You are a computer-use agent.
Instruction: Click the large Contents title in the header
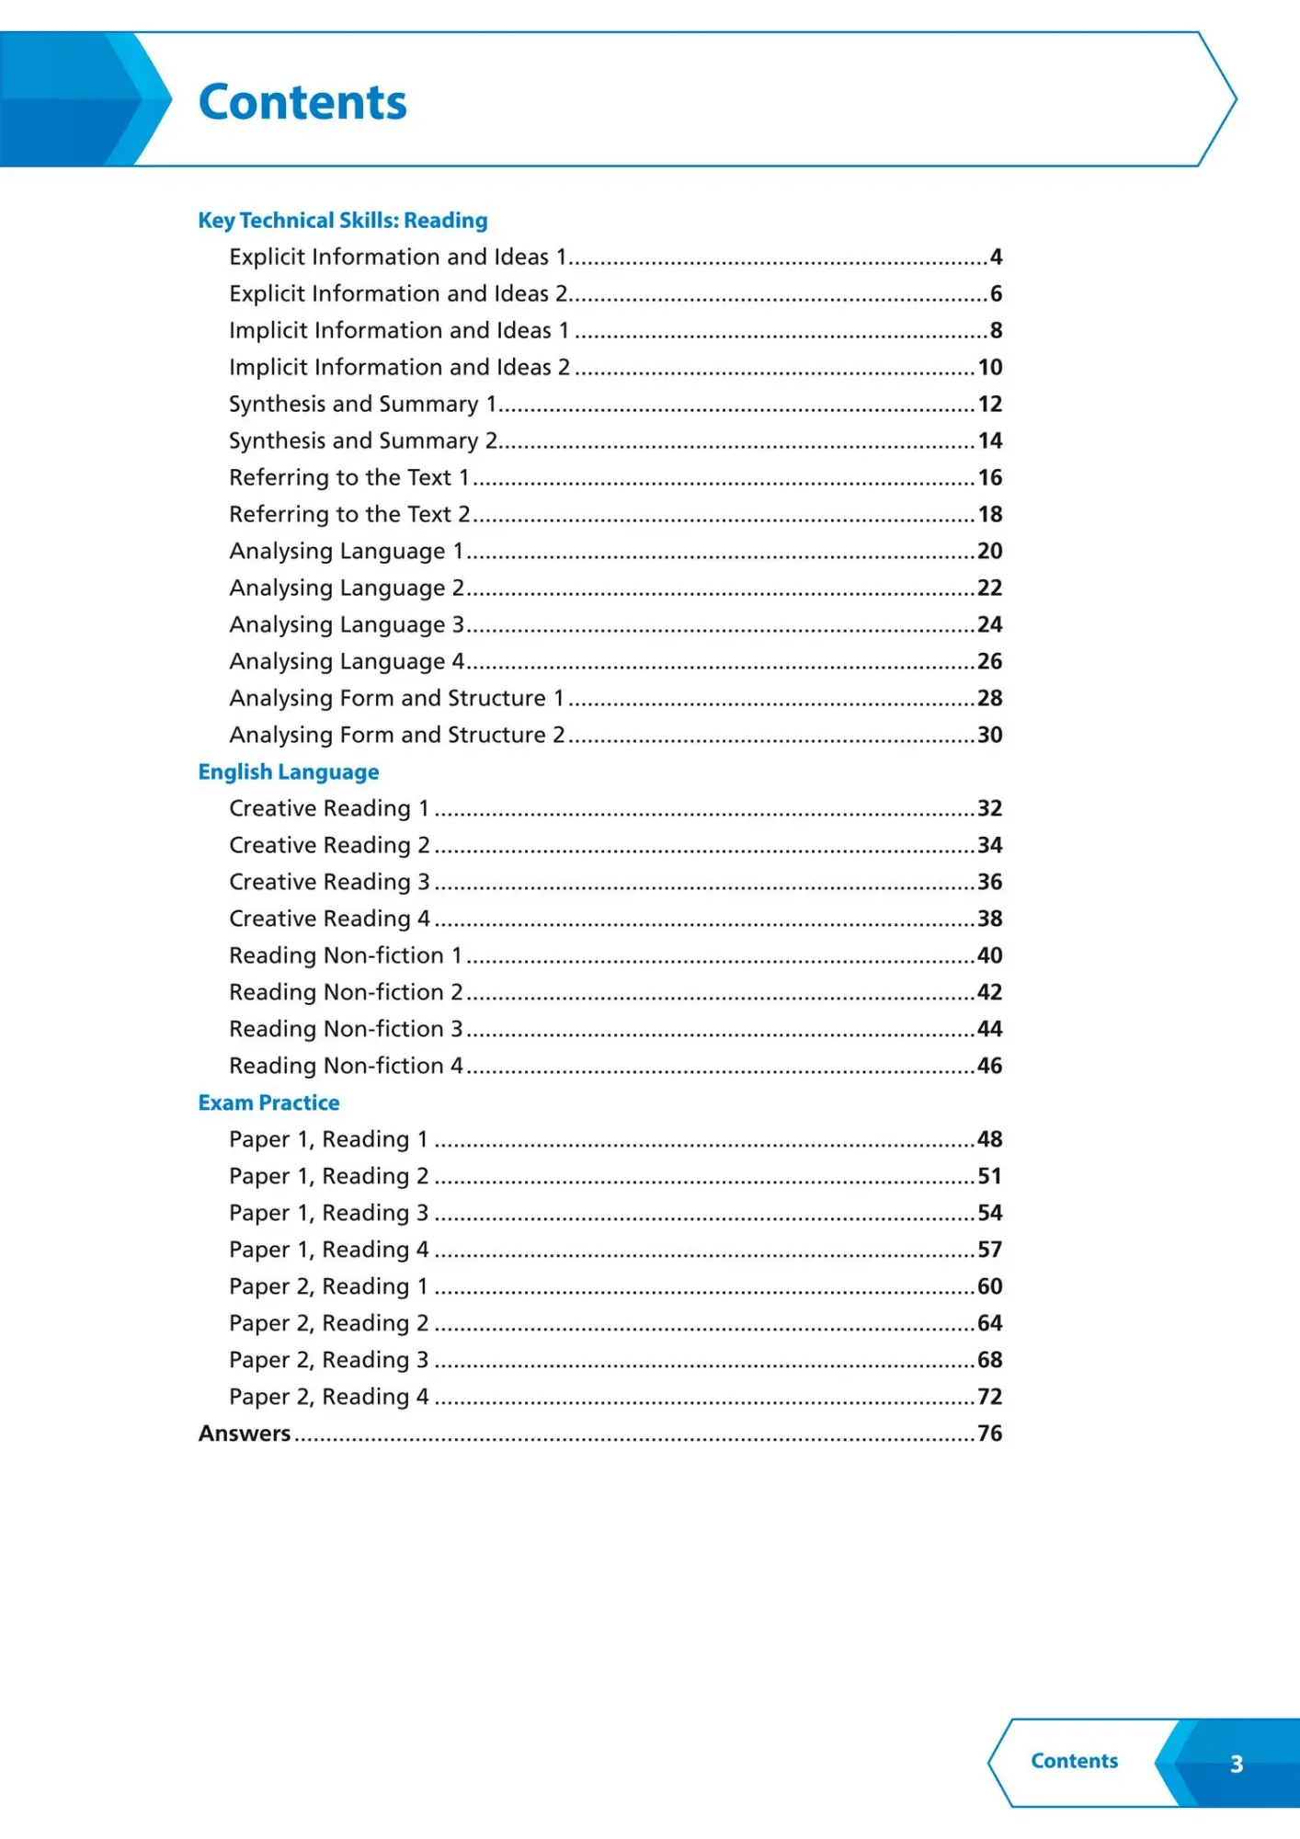(302, 102)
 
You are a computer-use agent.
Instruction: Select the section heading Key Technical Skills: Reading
(343, 221)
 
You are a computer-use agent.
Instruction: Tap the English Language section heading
(289, 772)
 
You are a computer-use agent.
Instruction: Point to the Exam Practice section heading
(268, 1103)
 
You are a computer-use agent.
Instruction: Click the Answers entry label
(245, 1434)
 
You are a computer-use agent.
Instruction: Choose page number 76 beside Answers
(989, 1434)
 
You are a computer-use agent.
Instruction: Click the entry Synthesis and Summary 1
(362, 405)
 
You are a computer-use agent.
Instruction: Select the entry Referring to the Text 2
(349, 515)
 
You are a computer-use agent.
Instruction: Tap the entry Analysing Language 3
(347, 625)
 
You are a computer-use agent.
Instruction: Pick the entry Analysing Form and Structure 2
(396, 736)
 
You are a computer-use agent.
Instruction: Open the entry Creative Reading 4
(329, 919)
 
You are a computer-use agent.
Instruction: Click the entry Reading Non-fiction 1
(345, 956)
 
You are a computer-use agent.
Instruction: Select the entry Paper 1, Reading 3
(328, 1214)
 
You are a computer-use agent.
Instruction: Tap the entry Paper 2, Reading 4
(328, 1398)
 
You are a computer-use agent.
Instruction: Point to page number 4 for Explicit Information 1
(996, 257)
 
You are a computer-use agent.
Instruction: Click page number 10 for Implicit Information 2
(989, 368)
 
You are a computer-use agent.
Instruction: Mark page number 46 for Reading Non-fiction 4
(989, 1067)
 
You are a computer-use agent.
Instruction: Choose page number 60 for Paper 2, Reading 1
(989, 1287)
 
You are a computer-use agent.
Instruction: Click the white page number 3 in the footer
(1237, 1764)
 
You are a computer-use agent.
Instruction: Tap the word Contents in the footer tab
(1074, 1761)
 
